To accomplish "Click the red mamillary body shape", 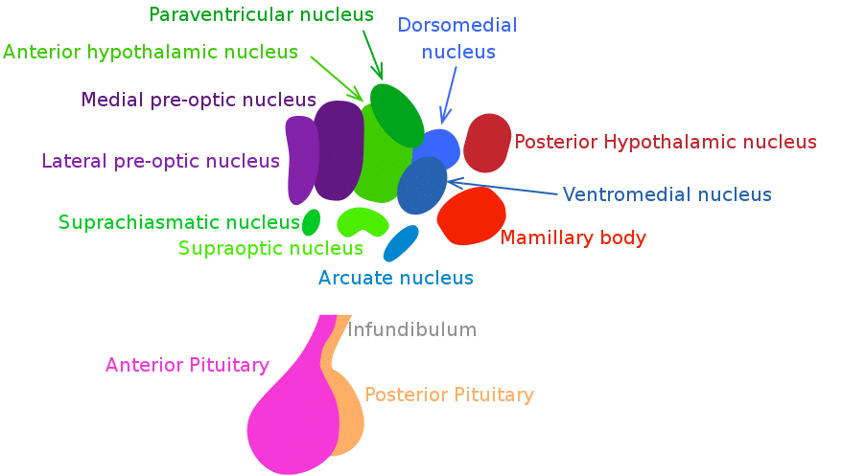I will click(472, 215).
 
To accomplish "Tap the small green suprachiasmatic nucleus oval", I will click(311, 222).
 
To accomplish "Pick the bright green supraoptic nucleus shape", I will click(363, 222).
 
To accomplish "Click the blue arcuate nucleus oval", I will click(401, 242).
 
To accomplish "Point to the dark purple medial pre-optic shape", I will click(338, 151).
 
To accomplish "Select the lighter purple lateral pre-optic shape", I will click(301, 159).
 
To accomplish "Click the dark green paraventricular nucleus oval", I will click(396, 112).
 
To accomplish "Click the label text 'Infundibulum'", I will click(411, 330).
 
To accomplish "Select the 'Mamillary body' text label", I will click(573, 237).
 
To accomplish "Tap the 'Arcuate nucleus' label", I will click(396, 279).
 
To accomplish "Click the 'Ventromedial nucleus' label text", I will click(667, 195).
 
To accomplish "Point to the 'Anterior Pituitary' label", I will click(187, 365).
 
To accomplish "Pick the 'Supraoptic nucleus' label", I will click(270, 249).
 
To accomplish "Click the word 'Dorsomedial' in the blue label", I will click(456, 26).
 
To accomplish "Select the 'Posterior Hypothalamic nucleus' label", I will click(665, 143).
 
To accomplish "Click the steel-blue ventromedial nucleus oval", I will click(422, 186).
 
